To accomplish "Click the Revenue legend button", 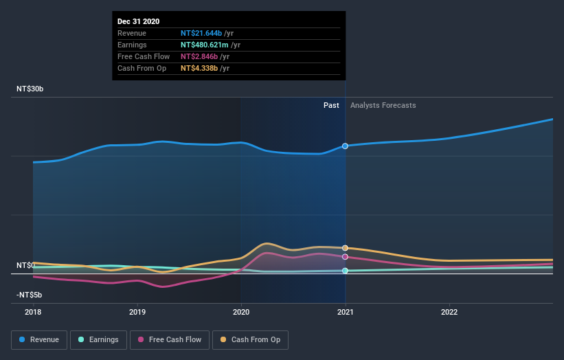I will pyautogui.click(x=39, y=339).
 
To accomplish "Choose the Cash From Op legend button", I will pyautogui.click(x=250, y=339).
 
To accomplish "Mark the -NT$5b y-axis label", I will pyautogui.click(x=30, y=295).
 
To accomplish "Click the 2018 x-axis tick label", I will pyautogui.click(x=33, y=311).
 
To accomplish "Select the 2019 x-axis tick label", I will pyautogui.click(x=137, y=311).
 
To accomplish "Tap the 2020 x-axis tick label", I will pyautogui.click(x=241, y=311).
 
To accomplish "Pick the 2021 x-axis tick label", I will pyautogui.click(x=345, y=311).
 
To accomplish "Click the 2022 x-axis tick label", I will pyautogui.click(x=449, y=311).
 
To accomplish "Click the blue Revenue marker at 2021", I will pyautogui.click(x=345, y=146).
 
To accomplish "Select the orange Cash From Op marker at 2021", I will pyautogui.click(x=345, y=248).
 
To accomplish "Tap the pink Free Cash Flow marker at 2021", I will pyautogui.click(x=345, y=257).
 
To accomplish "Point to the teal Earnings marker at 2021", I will pyautogui.click(x=345, y=271).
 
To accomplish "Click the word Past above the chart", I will pyautogui.click(x=331, y=105).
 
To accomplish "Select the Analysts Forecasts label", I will pyautogui.click(x=383, y=105).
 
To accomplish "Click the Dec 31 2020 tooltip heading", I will pyautogui.click(x=138, y=21).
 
